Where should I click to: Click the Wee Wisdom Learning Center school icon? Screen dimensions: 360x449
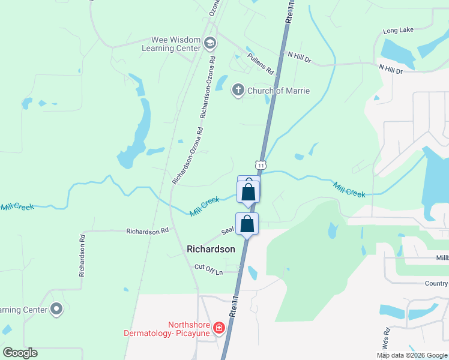point(209,43)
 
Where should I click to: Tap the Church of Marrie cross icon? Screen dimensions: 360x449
point(238,91)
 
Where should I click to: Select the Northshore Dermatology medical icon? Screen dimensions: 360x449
point(219,328)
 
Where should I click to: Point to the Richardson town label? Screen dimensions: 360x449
point(211,248)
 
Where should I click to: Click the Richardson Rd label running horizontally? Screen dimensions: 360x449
point(147,231)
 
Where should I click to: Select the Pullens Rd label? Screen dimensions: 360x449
point(260,61)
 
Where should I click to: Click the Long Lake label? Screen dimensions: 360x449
point(398,31)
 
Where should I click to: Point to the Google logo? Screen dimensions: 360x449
point(20,353)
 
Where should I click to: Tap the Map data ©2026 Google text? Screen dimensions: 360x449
point(412,355)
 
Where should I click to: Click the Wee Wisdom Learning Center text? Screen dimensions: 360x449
point(172,44)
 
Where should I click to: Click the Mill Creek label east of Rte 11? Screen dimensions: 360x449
point(349,190)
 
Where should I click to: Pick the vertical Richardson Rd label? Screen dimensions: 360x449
point(82,254)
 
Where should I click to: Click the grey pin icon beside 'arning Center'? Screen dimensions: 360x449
point(57,310)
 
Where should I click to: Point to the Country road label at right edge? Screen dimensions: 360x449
point(436,284)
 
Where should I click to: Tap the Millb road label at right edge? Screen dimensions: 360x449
point(442,258)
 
